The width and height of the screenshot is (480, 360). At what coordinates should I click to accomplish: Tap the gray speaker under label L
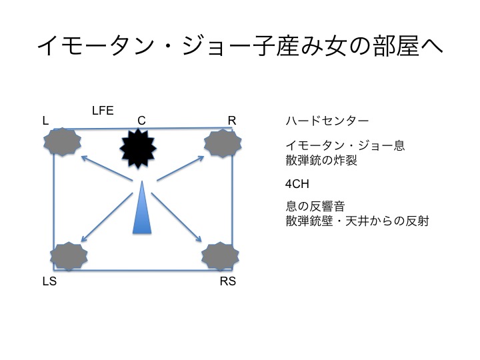(x=62, y=142)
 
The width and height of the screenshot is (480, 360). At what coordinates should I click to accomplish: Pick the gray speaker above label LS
(x=69, y=255)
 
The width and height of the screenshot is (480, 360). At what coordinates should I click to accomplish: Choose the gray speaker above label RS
(x=220, y=255)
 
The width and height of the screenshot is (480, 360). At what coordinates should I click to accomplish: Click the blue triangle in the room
(x=142, y=210)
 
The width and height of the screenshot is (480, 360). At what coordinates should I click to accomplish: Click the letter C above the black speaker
(x=141, y=121)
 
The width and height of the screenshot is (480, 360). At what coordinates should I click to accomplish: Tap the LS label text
(x=49, y=281)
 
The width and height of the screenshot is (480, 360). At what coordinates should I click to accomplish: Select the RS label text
(x=227, y=281)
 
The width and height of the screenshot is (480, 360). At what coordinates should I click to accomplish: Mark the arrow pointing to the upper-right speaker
(x=179, y=168)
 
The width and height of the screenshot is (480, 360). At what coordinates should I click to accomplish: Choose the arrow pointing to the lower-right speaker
(x=177, y=217)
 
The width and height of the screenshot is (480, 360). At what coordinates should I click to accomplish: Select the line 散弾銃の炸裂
(x=321, y=160)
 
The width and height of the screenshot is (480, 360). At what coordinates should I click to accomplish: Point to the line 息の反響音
(x=317, y=206)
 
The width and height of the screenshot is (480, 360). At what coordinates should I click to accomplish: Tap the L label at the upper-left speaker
(x=45, y=121)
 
